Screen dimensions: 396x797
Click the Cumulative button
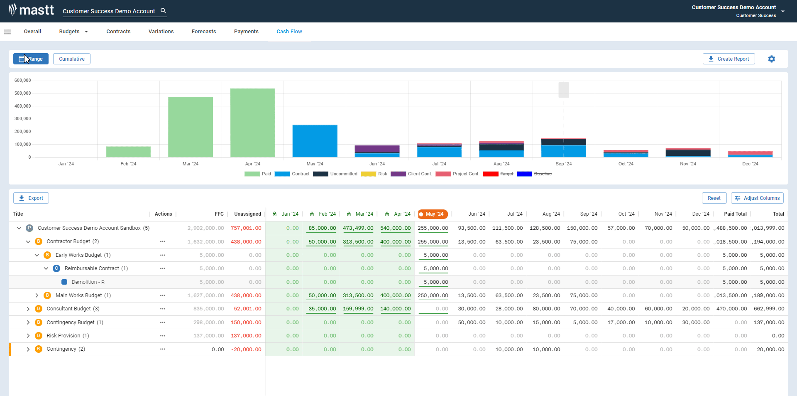click(72, 59)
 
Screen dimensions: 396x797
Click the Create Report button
click(729, 59)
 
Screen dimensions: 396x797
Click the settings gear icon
click(771, 59)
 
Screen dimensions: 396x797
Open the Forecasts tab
click(204, 32)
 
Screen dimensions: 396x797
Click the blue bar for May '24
click(315, 141)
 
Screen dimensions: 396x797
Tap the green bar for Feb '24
click(128, 152)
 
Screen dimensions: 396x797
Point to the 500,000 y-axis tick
click(23, 93)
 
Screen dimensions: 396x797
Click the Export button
click(31, 198)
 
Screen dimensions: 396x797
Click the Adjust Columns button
click(757, 198)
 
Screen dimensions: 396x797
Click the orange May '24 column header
click(433, 214)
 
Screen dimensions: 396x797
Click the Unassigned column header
click(247, 214)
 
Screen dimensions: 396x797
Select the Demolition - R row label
click(88, 282)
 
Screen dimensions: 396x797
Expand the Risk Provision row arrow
click(28, 336)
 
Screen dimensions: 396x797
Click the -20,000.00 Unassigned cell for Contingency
click(246, 349)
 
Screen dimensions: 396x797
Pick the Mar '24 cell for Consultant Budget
click(358, 309)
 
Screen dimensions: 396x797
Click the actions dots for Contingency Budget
click(163, 322)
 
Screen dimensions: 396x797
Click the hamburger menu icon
click(7, 32)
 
